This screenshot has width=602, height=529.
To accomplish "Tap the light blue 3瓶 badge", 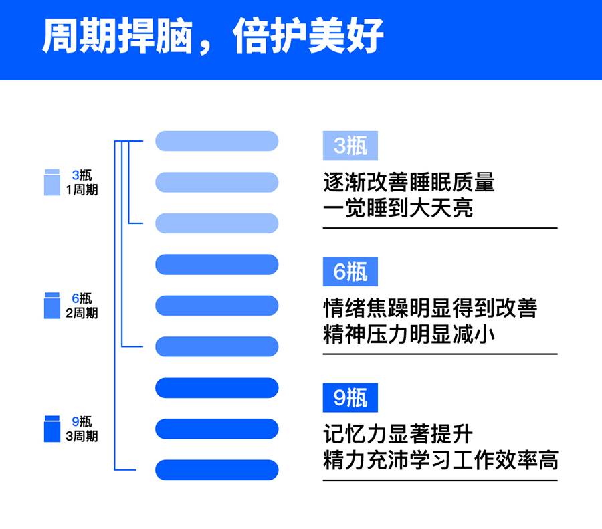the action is click(350, 146).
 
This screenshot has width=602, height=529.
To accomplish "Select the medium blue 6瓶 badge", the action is click(350, 272).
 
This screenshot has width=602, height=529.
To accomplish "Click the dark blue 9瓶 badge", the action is click(350, 397).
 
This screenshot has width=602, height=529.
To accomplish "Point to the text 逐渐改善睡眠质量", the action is click(409, 182).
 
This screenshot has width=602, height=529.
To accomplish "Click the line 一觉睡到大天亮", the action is click(398, 208).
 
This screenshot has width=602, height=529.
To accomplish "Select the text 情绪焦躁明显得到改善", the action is click(430, 308).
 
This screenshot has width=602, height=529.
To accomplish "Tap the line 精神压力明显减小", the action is click(409, 334).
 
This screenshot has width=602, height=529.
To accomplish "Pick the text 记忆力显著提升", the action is click(398, 434).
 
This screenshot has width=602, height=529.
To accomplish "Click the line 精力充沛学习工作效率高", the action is click(441, 460).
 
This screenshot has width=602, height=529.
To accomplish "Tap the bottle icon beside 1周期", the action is click(52, 182).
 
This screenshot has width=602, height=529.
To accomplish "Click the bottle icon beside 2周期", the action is click(52, 306).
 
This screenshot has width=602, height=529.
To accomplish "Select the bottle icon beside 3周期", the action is click(52, 429).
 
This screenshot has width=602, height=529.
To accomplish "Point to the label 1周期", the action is click(82, 190).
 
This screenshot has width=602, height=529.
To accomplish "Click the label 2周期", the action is click(82, 313).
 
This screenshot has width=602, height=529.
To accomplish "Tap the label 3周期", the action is click(82, 436).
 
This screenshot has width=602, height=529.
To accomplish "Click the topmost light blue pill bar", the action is click(217, 141).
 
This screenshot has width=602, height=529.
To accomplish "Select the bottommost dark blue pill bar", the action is click(217, 470).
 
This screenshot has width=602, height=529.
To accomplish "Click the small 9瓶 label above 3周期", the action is click(82, 421).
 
